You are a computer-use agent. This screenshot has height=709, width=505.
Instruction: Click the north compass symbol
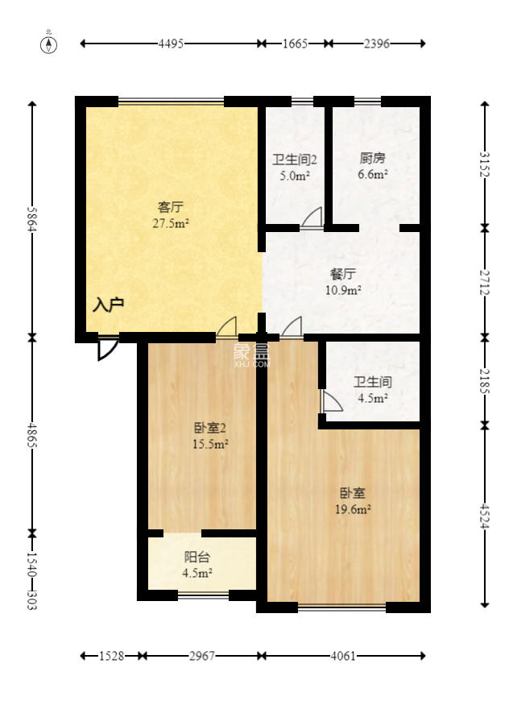50,44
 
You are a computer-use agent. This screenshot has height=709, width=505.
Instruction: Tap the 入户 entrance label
108,305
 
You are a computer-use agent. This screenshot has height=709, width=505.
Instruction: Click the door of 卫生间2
313,218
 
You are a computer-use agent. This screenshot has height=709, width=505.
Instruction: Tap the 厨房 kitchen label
373,158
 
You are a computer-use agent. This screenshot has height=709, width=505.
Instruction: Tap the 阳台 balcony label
197,557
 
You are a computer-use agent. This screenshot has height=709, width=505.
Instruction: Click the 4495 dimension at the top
170,44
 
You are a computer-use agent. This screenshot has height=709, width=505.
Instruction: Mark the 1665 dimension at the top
295,44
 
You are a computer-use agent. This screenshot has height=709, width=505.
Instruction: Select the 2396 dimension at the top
376,44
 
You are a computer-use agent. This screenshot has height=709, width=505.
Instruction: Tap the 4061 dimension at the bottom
343,656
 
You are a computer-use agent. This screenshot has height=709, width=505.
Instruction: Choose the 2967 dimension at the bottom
202,656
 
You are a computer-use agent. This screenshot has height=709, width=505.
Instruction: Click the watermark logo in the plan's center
250,354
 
